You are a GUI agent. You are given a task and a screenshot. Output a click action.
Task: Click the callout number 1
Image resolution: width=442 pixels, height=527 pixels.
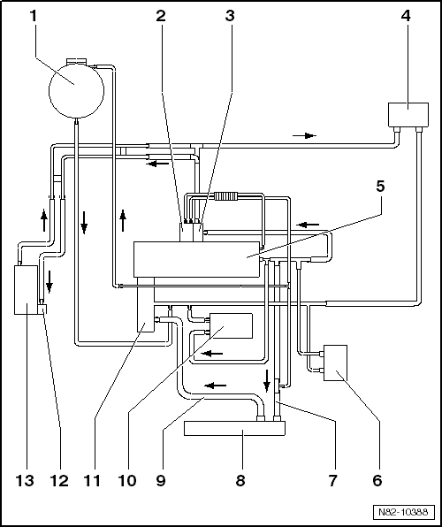click(x=34, y=15)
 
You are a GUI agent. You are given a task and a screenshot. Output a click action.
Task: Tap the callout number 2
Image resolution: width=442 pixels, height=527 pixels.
click(x=160, y=15)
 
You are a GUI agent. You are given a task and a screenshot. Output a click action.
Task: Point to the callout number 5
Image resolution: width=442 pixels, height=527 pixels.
click(x=380, y=187)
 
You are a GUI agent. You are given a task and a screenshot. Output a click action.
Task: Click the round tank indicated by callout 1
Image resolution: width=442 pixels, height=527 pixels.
click(x=76, y=85)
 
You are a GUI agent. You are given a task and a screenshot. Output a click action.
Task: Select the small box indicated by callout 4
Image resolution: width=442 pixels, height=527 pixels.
click(x=408, y=114)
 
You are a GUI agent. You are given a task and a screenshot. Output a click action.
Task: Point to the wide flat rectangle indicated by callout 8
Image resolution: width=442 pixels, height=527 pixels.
click(x=234, y=429)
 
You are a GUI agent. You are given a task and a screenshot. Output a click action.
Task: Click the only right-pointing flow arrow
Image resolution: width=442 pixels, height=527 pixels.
click(x=304, y=135)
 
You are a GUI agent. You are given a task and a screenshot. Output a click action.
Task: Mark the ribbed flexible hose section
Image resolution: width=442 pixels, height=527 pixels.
click(x=227, y=195)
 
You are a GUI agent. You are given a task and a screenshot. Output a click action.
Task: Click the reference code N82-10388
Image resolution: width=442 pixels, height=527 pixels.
click(x=403, y=513)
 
